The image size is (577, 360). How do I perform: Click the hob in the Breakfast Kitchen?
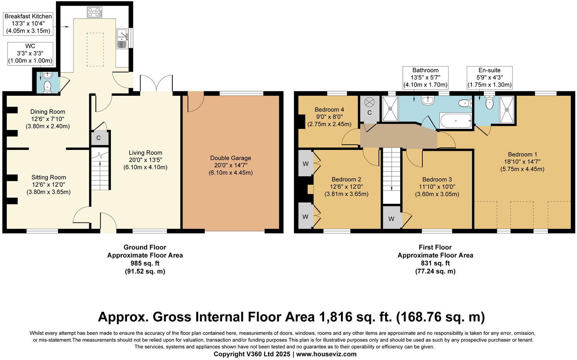95,12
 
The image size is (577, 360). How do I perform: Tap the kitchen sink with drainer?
122,39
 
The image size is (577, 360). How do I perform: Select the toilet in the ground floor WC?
48,87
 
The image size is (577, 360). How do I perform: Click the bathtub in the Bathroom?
456,121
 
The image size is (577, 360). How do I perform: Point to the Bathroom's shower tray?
390,108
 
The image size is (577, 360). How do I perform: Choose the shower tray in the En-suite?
507,109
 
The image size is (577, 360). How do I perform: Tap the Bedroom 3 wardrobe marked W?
392,219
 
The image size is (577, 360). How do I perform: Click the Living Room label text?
145,153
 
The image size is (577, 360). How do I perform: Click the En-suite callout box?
490,78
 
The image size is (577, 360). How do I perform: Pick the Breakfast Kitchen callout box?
28,24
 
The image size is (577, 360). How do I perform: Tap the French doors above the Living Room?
157,83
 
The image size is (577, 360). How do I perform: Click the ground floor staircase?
100,169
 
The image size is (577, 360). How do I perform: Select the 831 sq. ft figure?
435,263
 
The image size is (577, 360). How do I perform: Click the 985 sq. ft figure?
145,263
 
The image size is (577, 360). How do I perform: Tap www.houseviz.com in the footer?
326,354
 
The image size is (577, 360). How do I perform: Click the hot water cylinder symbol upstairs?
369,102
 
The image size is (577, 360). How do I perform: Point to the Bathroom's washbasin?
428,100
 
